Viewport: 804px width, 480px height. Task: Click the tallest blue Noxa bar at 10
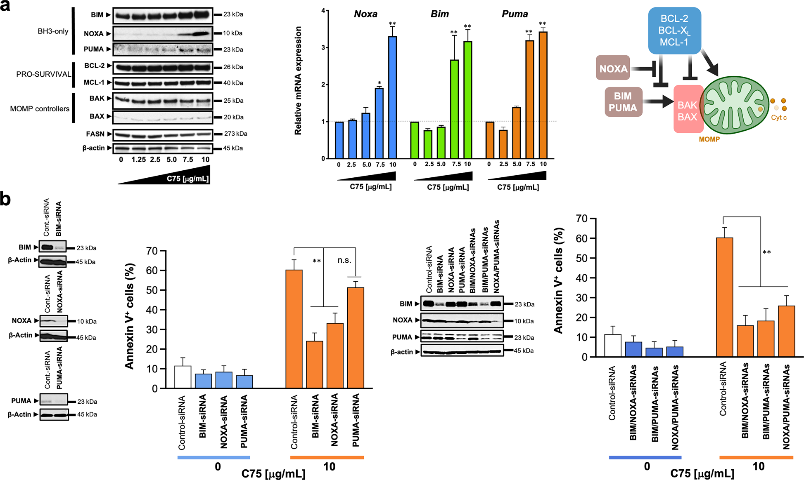coord(392,97)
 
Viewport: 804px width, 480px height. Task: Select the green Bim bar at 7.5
coord(454,109)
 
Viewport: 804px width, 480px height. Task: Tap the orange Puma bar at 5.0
coord(516,132)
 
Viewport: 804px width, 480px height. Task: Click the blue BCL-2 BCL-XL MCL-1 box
coord(674,31)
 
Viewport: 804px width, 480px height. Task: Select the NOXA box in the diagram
coord(613,68)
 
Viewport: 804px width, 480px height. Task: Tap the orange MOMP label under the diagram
coord(709,139)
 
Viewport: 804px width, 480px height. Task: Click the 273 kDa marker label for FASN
coord(235,134)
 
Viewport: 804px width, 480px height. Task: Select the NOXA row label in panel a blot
coord(94,33)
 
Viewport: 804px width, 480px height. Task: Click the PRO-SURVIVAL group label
coord(43,74)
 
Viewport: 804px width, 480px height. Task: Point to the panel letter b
coord(6,199)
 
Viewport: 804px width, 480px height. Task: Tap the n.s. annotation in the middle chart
coord(344,260)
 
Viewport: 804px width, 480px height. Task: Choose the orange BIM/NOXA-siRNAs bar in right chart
coord(745,341)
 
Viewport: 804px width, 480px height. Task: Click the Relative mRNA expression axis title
coord(298,81)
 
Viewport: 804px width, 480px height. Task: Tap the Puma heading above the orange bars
coord(515,14)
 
